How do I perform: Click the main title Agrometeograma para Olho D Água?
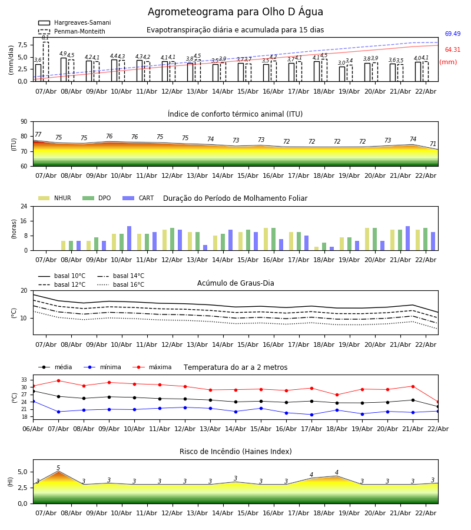tap(235, 12)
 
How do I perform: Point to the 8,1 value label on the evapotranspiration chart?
tap(45, 38)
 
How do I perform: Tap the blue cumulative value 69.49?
tap(452, 34)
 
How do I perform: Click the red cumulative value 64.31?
tap(452, 50)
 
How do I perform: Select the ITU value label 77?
tap(38, 135)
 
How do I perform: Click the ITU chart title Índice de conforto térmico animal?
tap(235, 114)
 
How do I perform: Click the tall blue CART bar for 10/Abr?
tap(130, 238)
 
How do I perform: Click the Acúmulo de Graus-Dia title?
tap(235, 283)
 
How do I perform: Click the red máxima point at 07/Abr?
tap(58, 380)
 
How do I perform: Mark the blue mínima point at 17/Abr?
tap(311, 415)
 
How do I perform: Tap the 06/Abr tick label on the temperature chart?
tap(33, 428)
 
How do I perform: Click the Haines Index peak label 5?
tap(58, 468)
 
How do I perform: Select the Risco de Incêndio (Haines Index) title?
tap(235, 452)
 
